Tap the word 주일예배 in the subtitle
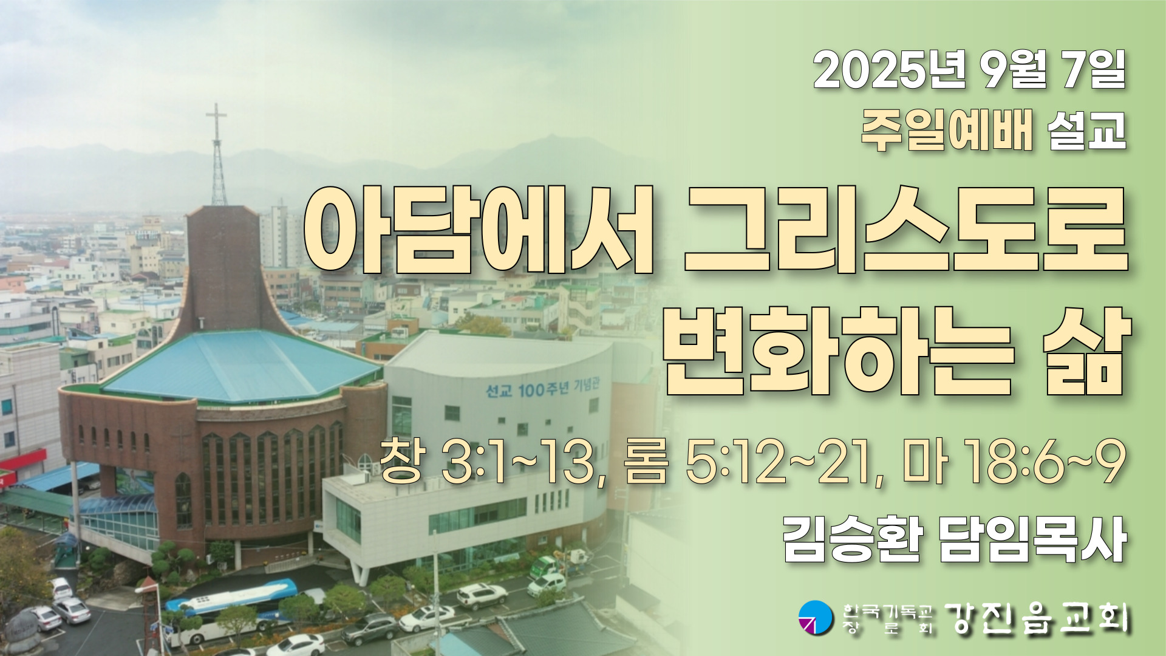click(947, 131)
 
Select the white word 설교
click(1088, 131)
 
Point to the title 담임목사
click(1032, 539)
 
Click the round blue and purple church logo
click(815, 617)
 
